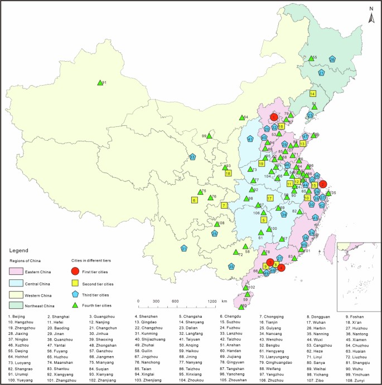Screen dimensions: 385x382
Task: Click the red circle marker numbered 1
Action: click(x=274, y=117)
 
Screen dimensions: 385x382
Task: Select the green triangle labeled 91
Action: click(x=100, y=82)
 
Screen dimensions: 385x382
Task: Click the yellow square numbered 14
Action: click(x=313, y=94)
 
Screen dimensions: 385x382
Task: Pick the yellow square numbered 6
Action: click(x=195, y=200)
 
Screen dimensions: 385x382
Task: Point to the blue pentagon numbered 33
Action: click(x=192, y=157)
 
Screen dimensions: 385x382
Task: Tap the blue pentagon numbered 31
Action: click(x=183, y=248)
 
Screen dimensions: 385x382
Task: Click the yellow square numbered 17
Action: click(x=270, y=198)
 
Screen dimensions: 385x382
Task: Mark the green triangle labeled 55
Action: click(x=312, y=58)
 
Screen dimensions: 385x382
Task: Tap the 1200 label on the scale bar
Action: click(x=212, y=301)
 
